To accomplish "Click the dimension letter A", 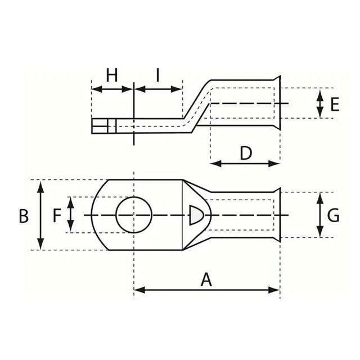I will pos(206,280).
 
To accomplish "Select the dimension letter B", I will pos(24,216).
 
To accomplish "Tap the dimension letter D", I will pos(246,153).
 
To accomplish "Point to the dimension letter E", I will pos(335,105).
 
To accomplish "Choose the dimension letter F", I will pos(57,215).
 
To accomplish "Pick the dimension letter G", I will pos(333,215).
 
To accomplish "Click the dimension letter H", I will pos(112,75).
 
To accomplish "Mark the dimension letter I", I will pos(158,75).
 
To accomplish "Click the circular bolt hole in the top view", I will pos(134,215).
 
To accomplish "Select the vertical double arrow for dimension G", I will pos(319,215).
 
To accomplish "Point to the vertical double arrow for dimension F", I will pos(71,215).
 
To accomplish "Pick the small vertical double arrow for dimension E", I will pos(319,103).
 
